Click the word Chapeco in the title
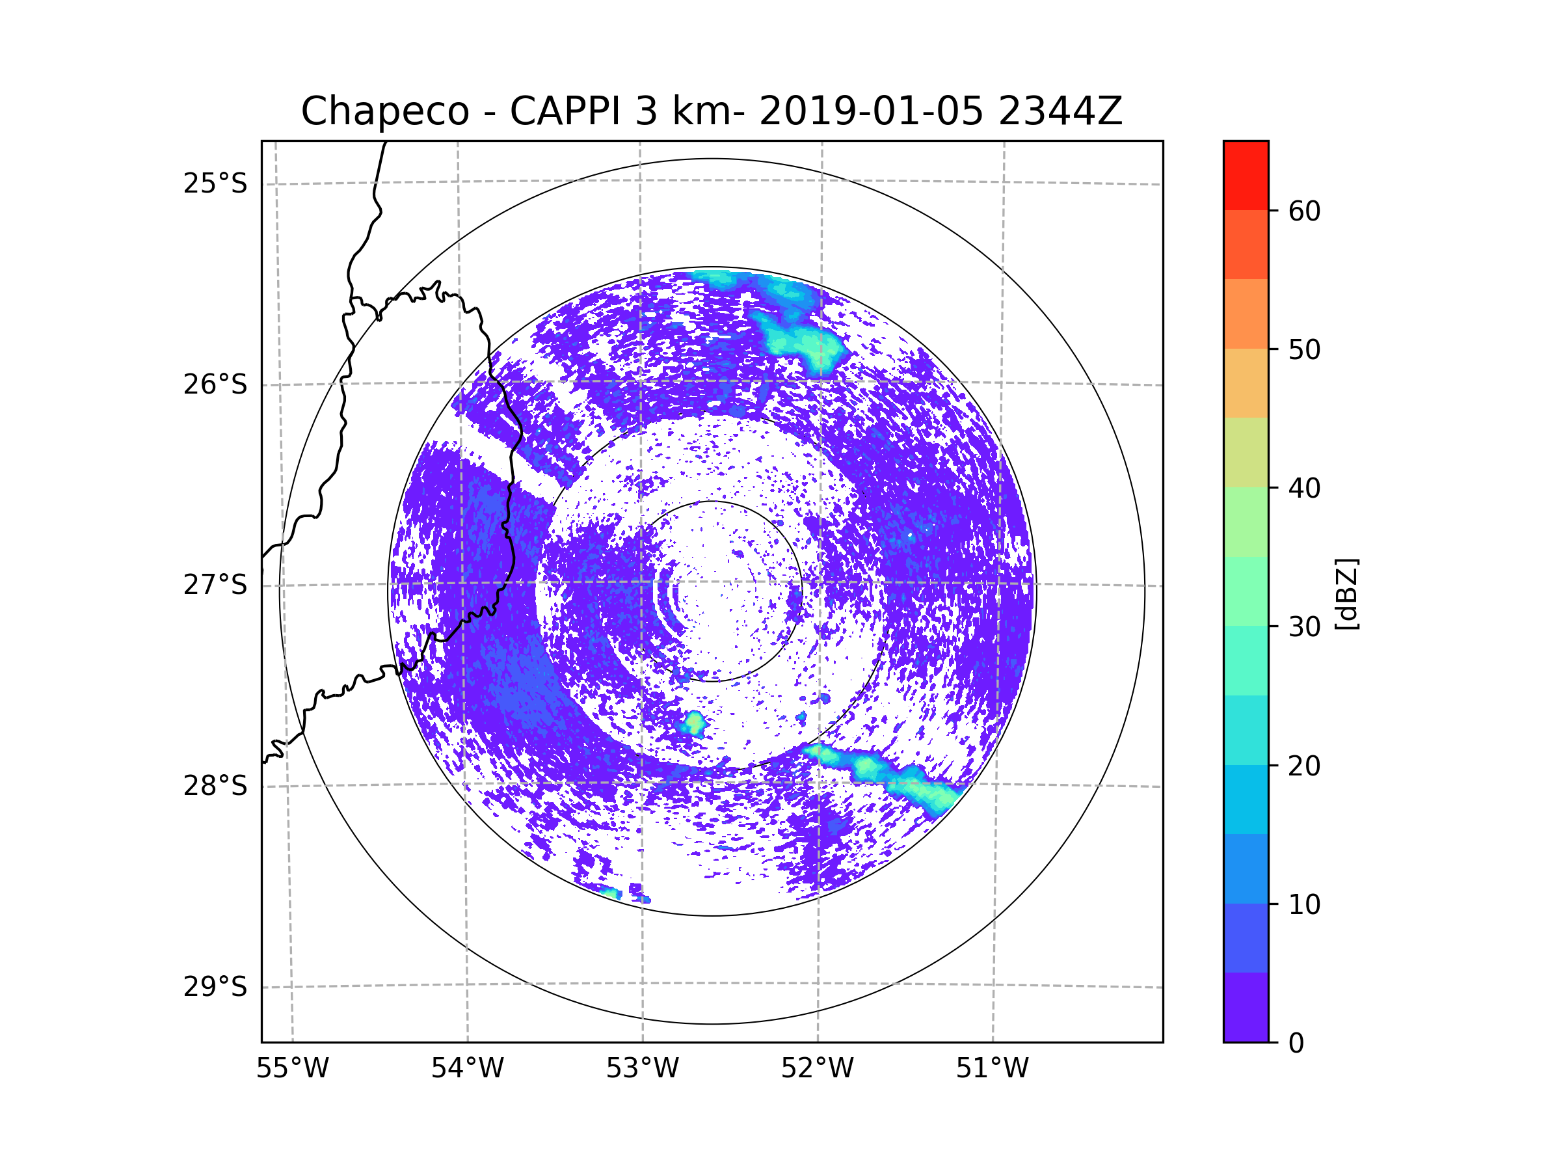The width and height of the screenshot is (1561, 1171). pyautogui.click(x=384, y=111)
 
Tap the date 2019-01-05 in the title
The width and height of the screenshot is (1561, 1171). pyautogui.click(x=871, y=111)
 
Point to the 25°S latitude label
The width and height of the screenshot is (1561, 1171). pyautogui.click(x=215, y=183)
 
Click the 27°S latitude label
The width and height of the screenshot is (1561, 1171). pyautogui.click(x=215, y=585)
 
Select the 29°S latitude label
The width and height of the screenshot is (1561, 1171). pyautogui.click(x=215, y=987)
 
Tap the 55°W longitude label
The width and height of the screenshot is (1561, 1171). pyautogui.click(x=292, y=1069)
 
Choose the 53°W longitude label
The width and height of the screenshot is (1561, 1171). pyautogui.click(x=642, y=1069)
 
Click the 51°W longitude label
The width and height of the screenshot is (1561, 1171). pyautogui.click(x=992, y=1069)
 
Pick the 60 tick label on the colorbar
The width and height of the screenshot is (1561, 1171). pyautogui.click(x=1304, y=211)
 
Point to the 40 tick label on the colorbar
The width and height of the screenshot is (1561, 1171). pyautogui.click(x=1304, y=489)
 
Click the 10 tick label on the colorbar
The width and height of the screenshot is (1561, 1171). pyautogui.click(x=1304, y=904)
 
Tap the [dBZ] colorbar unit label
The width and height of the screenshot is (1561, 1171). pyautogui.click(x=1346, y=593)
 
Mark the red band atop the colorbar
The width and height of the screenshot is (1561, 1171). pyautogui.click(x=1246, y=175)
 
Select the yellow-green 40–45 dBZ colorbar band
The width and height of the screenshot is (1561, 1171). pyautogui.click(x=1246, y=452)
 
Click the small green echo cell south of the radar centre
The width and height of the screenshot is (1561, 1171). pyautogui.click(x=695, y=723)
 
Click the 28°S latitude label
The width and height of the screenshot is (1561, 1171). pyautogui.click(x=215, y=786)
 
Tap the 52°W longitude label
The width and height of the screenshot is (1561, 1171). pyautogui.click(x=817, y=1069)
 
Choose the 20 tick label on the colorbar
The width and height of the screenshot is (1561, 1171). pyautogui.click(x=1304, y=766)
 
